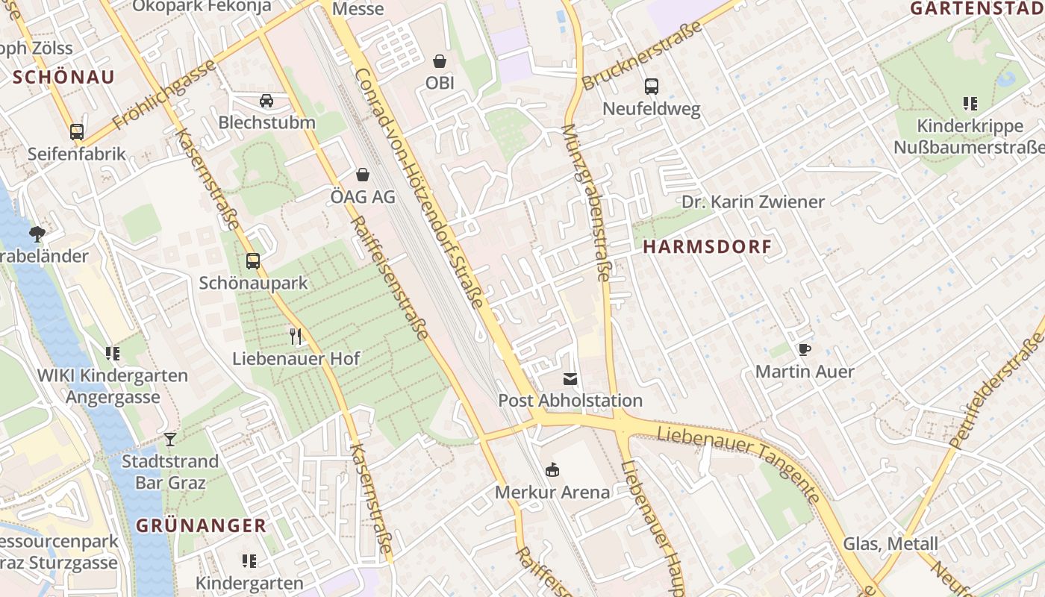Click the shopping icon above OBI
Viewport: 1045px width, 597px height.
pos(440,60)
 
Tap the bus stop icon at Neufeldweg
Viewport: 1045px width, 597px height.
pos(652,87)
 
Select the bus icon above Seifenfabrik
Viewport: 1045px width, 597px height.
pos(77,132)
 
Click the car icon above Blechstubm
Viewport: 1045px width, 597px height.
pos(266,100)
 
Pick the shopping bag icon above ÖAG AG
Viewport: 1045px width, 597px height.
pos(363,175)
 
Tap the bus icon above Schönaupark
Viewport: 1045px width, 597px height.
pos(253,261)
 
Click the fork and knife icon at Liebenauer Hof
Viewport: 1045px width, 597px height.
pos(296,337)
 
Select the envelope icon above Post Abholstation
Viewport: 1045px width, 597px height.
pos(570,379)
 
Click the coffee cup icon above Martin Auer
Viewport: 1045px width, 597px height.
pos(805,349)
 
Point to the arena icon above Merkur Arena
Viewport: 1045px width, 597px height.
pos(552,470)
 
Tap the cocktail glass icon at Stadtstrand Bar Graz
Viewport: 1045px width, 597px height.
pos(170,440)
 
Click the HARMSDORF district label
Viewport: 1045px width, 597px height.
pos(707,247)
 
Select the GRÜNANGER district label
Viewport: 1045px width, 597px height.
pos(201,525)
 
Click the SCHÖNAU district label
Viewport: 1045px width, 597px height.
pos(63,77)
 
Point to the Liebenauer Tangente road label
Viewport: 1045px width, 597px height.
pos(739,463)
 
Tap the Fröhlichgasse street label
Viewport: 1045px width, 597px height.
pos(163,94)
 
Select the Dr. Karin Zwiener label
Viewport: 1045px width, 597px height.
pos(753,201)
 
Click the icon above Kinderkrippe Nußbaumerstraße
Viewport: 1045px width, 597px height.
pos(970,104)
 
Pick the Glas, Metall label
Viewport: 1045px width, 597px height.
pos(890,543)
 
